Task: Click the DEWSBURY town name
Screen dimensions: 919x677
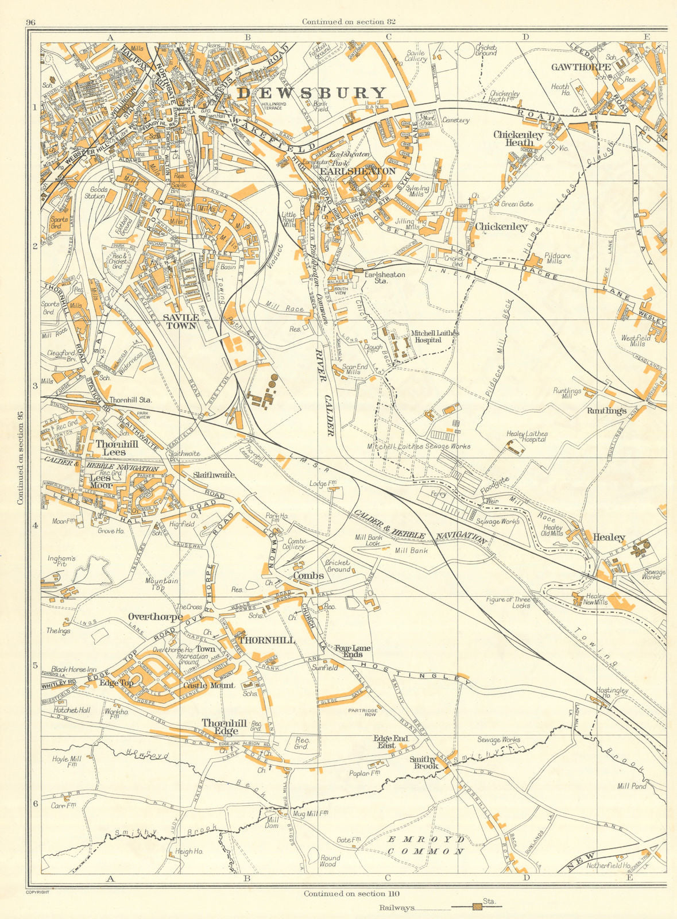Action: (x=312, y=93)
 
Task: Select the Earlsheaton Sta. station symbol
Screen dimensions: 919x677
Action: (x=359, y=269)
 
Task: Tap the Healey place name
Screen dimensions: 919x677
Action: (x=609, y=538)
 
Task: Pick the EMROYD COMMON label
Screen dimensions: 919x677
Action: (x=425, y=845)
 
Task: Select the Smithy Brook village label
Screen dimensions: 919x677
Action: (x=424, y=762)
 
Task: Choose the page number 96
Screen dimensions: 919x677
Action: (x=31, y=22)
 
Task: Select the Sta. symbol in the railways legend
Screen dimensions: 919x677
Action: (x=477, y=907)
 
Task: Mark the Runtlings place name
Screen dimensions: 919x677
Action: (x=606, y=411)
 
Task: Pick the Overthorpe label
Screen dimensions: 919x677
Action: (x=155, y=617)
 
